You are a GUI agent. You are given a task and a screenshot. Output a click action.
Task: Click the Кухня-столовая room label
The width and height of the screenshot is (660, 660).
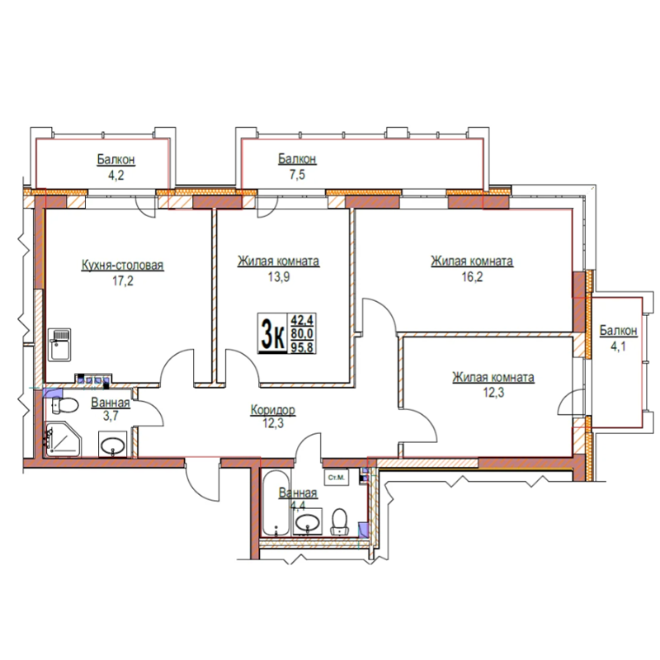(x=122, y=265)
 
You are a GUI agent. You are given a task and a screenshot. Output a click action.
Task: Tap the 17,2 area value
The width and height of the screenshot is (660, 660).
(x=122, y=280)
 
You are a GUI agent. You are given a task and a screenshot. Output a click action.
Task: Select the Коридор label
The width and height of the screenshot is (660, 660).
(x=273, y=409)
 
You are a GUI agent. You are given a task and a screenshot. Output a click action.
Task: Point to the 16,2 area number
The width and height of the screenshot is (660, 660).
(x=472, y=276)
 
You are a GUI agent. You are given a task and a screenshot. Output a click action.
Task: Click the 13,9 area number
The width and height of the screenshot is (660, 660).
(x=279, y=276)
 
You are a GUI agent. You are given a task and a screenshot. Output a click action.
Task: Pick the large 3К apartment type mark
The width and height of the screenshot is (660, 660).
(x=272, y=333)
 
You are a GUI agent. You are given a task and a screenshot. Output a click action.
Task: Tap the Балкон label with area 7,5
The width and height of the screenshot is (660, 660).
(x=297, y=158)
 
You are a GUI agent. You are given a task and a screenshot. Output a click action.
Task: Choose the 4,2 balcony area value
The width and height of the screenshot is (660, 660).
(x=115, y=175)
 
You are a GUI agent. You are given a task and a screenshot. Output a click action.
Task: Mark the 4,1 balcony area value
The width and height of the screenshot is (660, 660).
(x=618, y=346)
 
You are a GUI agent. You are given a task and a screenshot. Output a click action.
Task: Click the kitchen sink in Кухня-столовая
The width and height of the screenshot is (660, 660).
(x=59, y=345)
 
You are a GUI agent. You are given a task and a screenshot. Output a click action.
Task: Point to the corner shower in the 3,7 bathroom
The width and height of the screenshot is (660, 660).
(x=64, y=439)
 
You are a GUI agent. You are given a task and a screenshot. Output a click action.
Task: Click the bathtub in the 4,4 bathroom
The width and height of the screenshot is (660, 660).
(x=276, y=503)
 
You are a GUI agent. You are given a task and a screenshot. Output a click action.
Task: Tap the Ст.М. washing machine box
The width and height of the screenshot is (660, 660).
(x=337, y=478)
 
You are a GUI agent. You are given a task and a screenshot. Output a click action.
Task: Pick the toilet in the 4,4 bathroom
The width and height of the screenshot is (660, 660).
(x=339, y=522)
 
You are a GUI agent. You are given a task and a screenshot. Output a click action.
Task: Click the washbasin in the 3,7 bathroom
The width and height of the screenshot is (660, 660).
(x=113, y=445)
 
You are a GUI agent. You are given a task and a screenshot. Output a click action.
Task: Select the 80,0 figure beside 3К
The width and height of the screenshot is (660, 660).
(x=302, y=333)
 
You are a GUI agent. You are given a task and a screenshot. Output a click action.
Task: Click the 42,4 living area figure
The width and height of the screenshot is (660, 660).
(x=302, y=320)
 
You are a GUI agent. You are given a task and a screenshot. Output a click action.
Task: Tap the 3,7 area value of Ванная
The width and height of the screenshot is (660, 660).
(x=111, y=416)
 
